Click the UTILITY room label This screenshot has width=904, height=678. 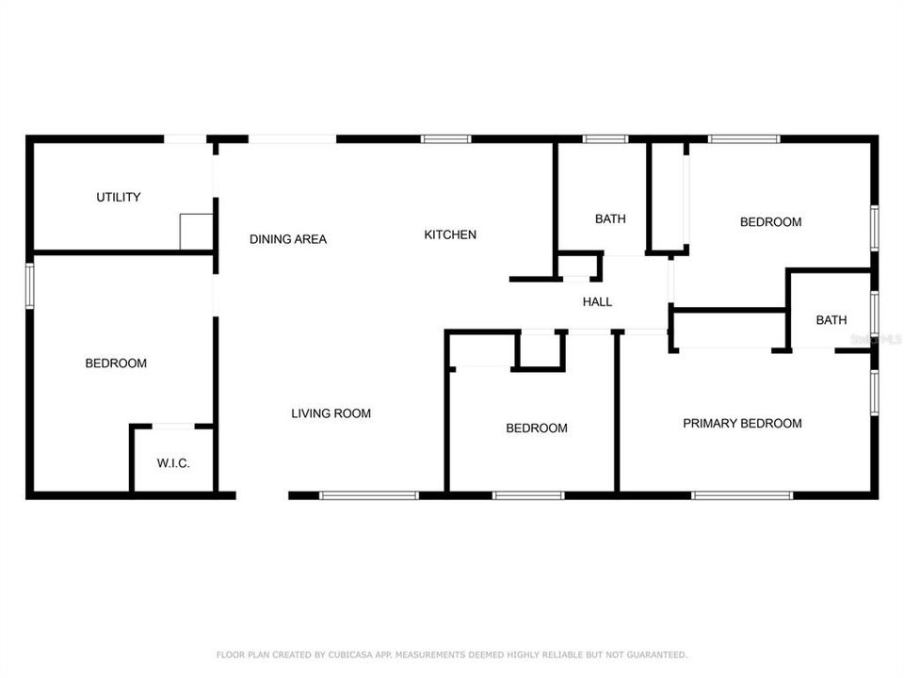click(x=119, y=197)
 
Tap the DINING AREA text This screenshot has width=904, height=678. click(x=288, y=239)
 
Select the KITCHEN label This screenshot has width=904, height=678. click(x=450, y=234)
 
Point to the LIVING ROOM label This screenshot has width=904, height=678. click(x=331, y=413)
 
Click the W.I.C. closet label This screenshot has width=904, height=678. click(x=173, y=462)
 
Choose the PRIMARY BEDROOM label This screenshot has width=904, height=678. click(x=742, y=424)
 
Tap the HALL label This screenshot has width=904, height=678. click(x=597, y=302)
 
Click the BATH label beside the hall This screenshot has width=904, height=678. click(x=610, y=219)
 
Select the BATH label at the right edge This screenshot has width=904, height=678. click(x=831, y=320)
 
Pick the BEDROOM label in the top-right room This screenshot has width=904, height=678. click(x=770, y=222)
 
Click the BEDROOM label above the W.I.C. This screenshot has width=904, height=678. click(x=116, y=363)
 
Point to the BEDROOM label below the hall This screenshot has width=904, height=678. click(x=537, y=428)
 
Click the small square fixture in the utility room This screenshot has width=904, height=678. click(x=196, y=232)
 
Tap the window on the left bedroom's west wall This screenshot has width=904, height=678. click(x=29, y=285)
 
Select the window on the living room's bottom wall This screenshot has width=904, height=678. click(x=369, y=495)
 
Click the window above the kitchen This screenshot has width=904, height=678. click(x=445, y=139)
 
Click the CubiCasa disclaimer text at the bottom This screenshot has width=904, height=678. click(x=452, y=654)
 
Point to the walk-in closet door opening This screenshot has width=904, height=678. click(x=172, y=427)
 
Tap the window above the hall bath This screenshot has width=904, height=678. click(x=605, y=139)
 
